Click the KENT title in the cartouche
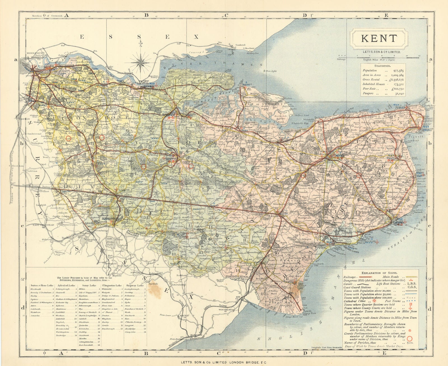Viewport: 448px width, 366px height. click(379, 38)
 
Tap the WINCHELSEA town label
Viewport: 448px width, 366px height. click(230, 309)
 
